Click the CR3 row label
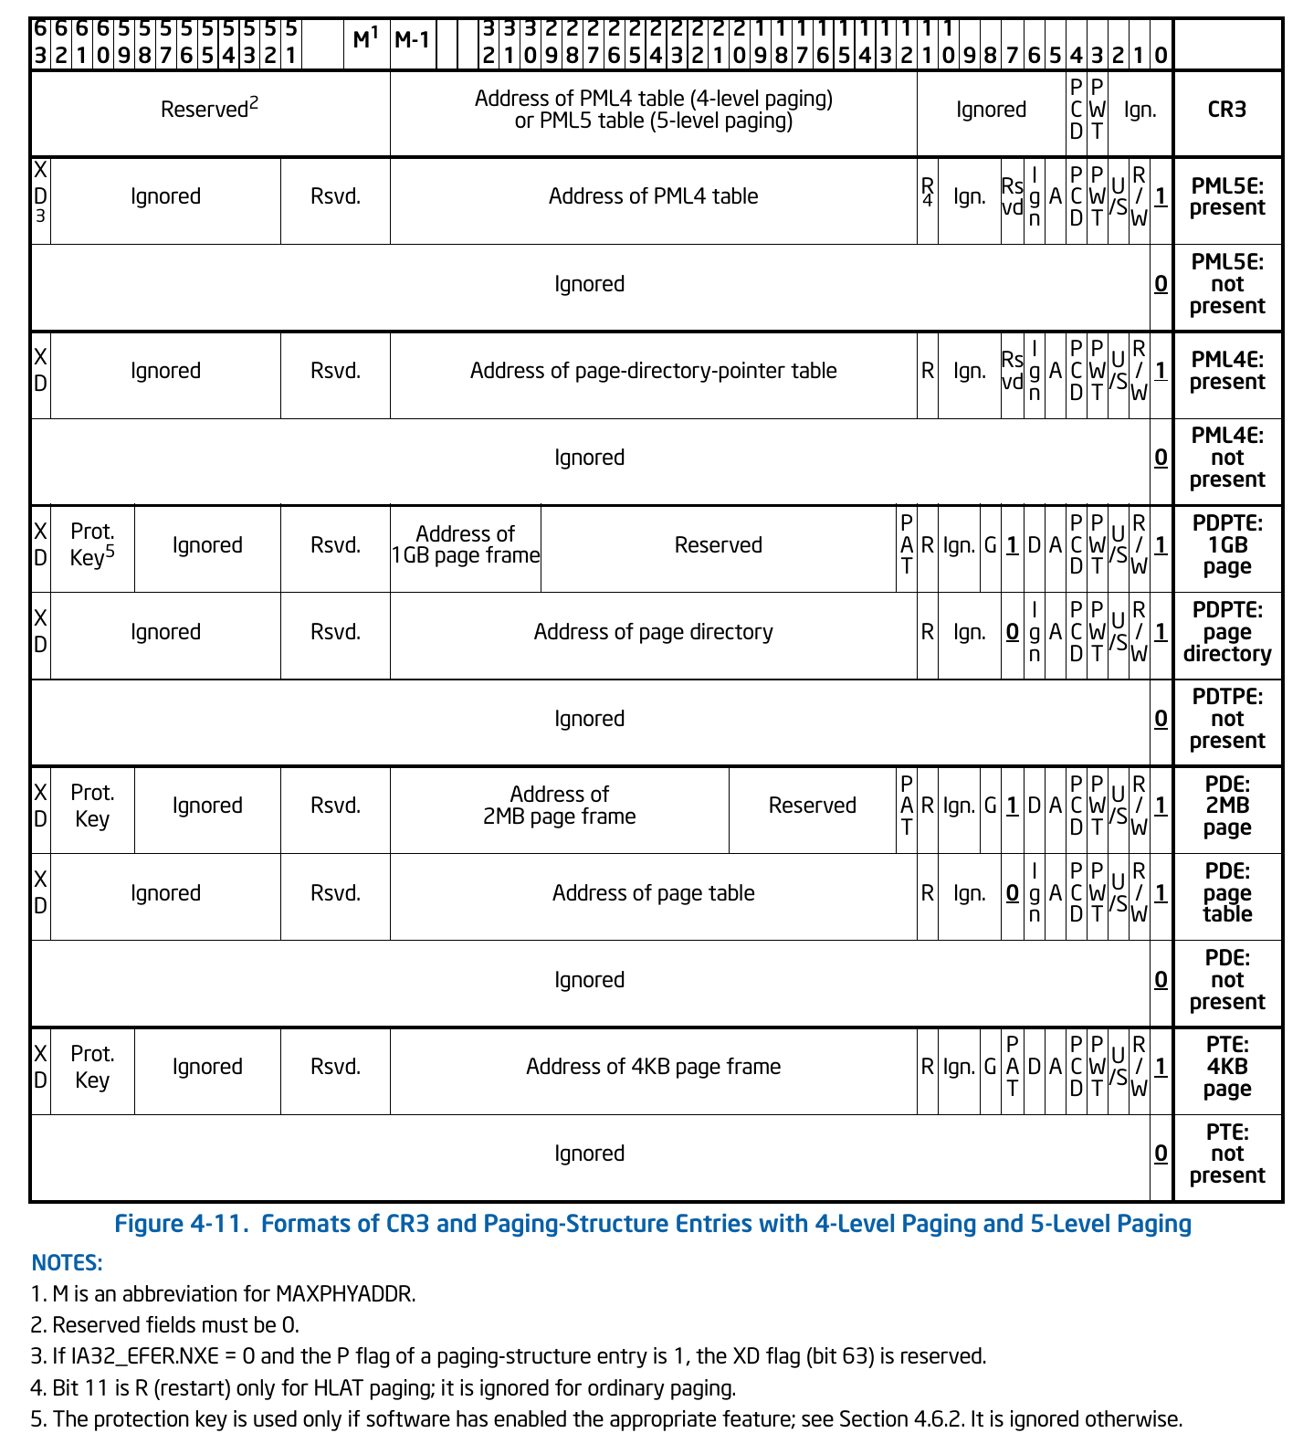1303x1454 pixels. click(x=1226, y=110)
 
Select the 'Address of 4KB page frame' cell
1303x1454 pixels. click(x=653, y=1067)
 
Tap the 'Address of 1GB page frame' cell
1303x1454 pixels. click(x=466, y=545)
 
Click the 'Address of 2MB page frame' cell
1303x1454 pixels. click(x=559, y=806)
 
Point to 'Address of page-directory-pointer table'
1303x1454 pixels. click(x=653, y=371)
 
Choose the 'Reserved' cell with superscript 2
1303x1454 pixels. click(x=209, y=110)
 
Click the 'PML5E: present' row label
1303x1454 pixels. click(x=1226, y=196)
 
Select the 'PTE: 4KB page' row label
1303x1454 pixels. click(x=1226, y=1067)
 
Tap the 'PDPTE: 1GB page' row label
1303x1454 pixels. click(x=1226, y=545)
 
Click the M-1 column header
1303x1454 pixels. click(x=412, y=40)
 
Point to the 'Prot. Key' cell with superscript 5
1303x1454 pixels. click(x=92, y=545)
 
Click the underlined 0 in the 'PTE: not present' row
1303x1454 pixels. click(x=1161, y=1154)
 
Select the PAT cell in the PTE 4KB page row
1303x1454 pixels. click(x=1012, y=1067)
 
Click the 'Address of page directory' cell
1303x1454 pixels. click(x=653, y=632)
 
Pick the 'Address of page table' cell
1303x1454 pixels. click(x=653, y=893)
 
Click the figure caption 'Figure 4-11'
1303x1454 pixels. click(x=653, y=1224)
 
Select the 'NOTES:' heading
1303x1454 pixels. click(x=67, y=1263)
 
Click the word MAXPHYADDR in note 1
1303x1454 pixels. click(x=345, y=1294)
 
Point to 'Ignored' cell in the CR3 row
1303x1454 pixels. click(x=991, y=110)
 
